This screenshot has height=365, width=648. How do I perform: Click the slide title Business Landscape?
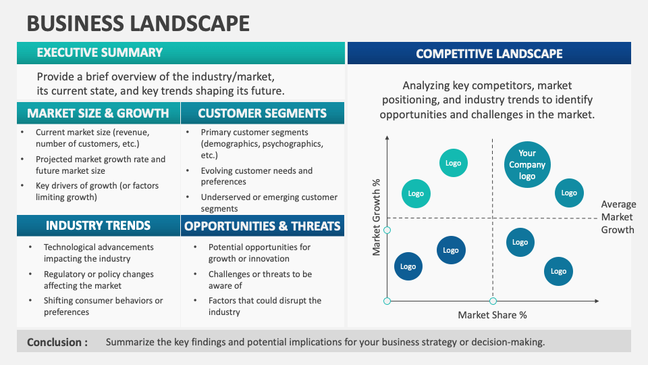138,23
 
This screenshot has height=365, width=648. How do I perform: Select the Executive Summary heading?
99,53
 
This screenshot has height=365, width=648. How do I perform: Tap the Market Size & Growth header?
98,113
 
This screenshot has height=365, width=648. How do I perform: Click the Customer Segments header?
262,113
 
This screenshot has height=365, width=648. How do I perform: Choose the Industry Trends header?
98,225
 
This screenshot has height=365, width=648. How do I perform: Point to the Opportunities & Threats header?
263,225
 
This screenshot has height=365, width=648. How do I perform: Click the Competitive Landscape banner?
489,53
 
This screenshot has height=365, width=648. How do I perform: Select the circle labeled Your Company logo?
527,165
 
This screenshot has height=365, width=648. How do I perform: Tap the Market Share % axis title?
492,315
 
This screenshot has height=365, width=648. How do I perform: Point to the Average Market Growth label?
618,217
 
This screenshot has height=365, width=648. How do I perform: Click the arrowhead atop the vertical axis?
387,138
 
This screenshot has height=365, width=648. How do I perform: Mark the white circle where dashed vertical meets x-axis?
493,301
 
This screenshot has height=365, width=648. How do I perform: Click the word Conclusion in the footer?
57,342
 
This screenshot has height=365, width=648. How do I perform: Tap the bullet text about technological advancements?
99,253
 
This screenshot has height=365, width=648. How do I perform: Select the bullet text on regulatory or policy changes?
99,280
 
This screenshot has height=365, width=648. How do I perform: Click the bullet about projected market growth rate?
100,165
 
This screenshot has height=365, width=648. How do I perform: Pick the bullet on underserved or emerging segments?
269,203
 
